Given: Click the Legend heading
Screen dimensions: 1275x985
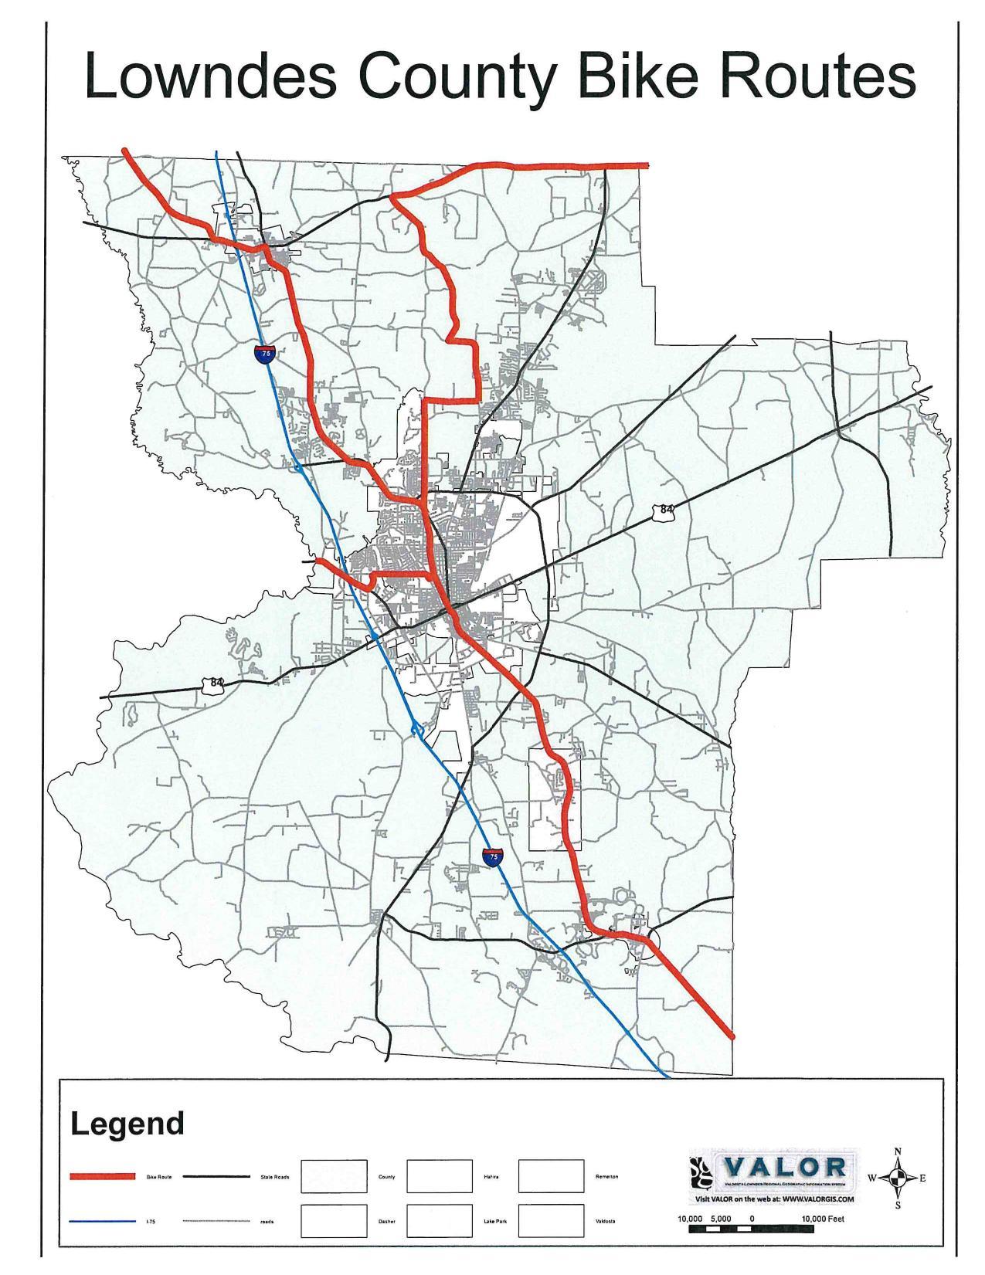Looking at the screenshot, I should [127, 1124].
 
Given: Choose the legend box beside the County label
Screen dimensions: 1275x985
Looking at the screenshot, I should [333, 1176].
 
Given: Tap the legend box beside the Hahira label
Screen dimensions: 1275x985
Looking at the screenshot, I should [439, 1176].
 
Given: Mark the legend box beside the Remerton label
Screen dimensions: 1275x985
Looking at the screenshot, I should [551, 1176].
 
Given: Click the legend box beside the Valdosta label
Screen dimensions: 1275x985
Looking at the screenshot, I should [551, 1221].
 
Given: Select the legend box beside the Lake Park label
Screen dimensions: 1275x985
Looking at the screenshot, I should [439, 1221].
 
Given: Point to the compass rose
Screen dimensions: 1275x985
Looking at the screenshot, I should [897, 1178].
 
